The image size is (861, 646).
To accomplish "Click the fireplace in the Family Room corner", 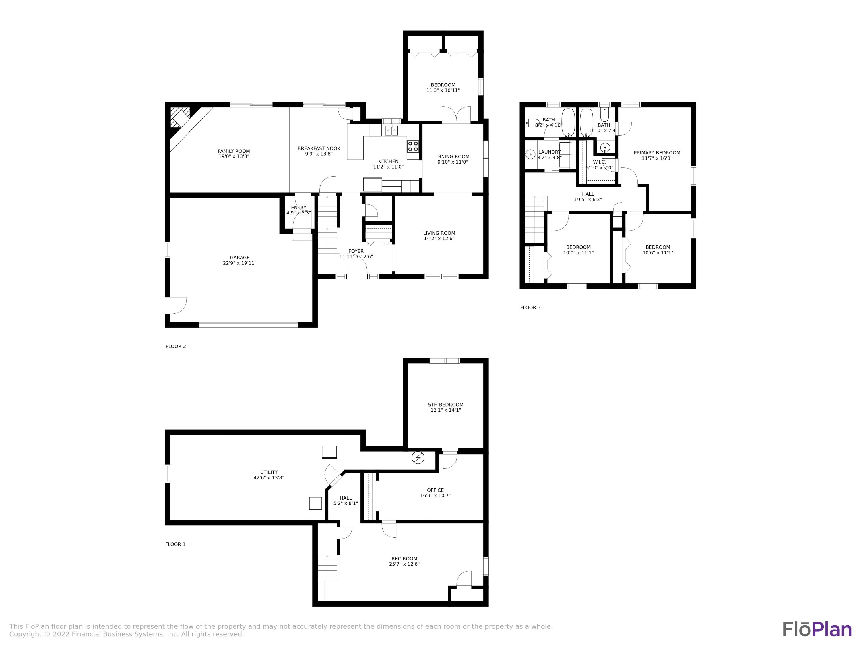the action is (x=180, y=117).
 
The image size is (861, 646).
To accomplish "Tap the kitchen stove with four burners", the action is (x=413, y=146).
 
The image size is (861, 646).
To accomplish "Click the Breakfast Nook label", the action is (x=319, y=148).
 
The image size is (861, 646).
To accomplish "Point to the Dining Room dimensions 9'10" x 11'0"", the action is (x=453, y=162).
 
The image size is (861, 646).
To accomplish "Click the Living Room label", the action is (x=439, y=233).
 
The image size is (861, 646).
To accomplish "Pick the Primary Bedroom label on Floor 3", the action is (x=657, y=153).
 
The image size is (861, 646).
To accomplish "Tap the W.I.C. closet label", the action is (x=600, y=162).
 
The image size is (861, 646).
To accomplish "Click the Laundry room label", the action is (x=549, y=152).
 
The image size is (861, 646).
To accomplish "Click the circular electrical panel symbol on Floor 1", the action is (x=418, y=458).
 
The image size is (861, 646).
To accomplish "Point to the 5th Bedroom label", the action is (x=446, y=405).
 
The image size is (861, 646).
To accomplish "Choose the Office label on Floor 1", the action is (x=435, y=490).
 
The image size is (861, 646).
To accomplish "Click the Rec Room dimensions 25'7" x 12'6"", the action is (x=404, y=564).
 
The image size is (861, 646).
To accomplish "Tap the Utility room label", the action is (x=269, y=472).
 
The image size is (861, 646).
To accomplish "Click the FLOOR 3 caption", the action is (x=530, y=307).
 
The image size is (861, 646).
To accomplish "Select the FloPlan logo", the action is (x=817, y=630).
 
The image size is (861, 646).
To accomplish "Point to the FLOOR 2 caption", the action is (x=176, y=346).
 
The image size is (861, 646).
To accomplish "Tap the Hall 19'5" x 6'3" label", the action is (x=588, y=197).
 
